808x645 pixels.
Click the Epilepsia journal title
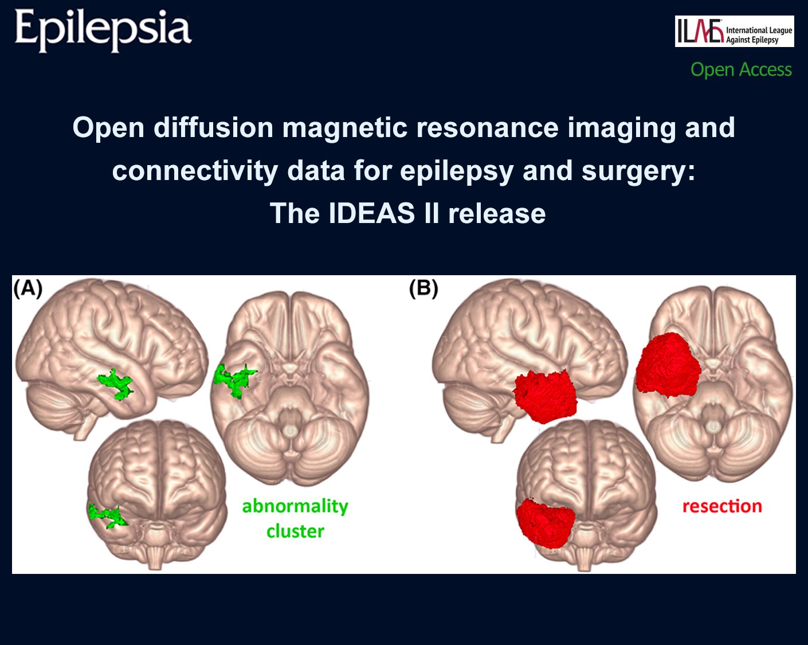pyautogui.click(x=103, y=30)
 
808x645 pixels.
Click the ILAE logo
pyautogui.click(x=734, y=32)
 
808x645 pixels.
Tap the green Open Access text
pyautogui.click(x=741, y=69)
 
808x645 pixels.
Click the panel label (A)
pyautogui.click(x=28, y=288)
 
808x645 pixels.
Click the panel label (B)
pyautogui.click(x=423, y=288)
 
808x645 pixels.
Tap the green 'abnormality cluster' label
pyautogui.click(x=295, y=518)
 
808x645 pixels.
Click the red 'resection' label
pyautogui.click(x=722, y=506)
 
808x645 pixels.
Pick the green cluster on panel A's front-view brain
pyautogui.click(x=107, y=515)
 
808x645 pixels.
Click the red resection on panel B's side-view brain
pyautogui.click(x=544, y=396)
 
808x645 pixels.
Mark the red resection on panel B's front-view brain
pyautogui.click(x=546, y=522)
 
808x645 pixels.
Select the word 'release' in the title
pyautogui.click(x=496, y=213)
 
